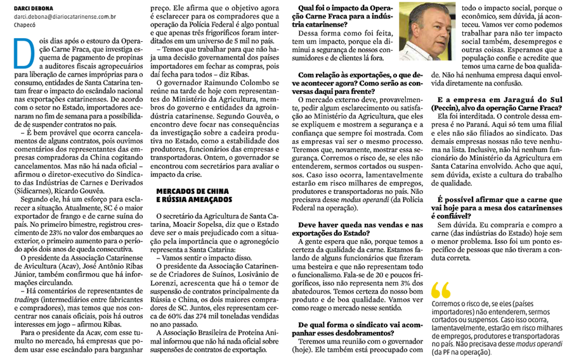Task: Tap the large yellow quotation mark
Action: [x=440, y=290]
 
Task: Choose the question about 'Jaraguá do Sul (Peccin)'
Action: [x=499, y=103]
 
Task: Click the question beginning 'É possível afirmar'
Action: [x=499, y=207]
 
